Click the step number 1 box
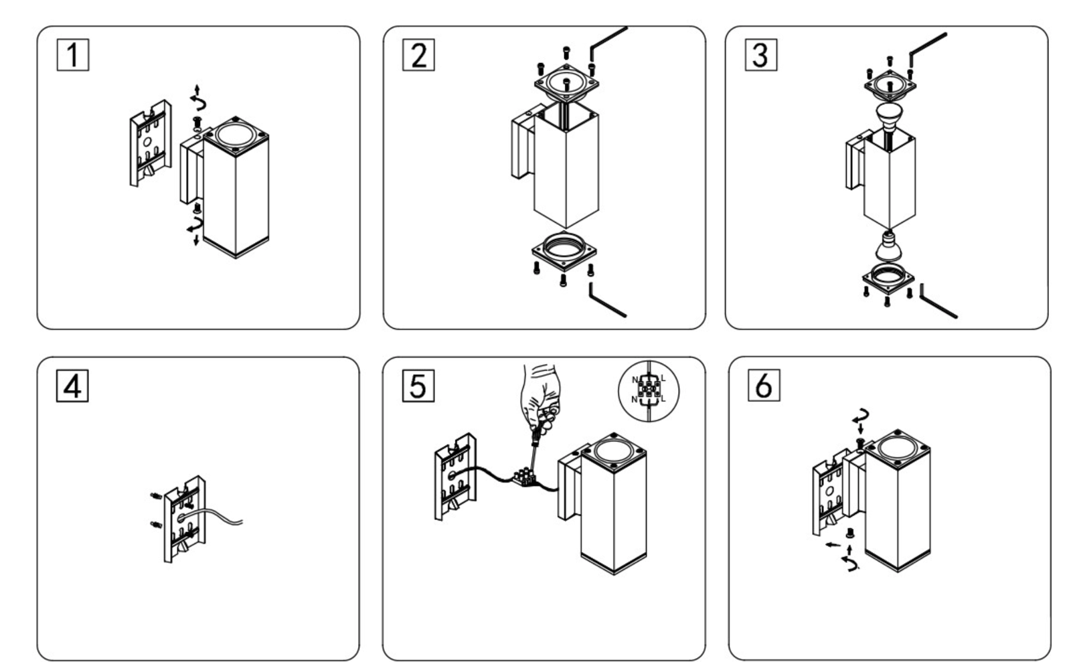(73, 55)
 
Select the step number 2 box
(418, 55)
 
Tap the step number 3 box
(761, 55)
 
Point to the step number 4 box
(72, 386)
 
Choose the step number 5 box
(418, 386)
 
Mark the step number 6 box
(764, 386)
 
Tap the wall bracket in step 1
(149, 143)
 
